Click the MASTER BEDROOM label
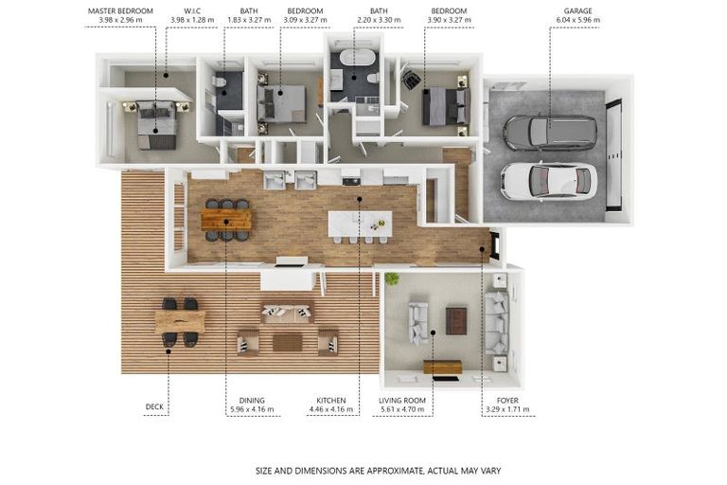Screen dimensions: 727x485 (120, 10)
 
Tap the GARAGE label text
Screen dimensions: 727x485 (577, 10)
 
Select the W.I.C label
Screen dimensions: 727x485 (192, 10)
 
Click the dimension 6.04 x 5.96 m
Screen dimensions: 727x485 (577, 20)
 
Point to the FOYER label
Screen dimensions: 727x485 (507, 400)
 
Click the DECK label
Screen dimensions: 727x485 (154, 406)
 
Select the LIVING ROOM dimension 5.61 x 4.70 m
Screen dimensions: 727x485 (402, 409)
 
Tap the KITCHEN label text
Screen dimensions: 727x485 (331, 400)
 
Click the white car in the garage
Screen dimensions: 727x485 (549, 181)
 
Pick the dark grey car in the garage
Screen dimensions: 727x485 (550, 132)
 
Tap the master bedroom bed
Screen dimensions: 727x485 (157, 124)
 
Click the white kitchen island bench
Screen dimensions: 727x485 (360, 224)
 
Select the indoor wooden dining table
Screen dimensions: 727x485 (226, 220)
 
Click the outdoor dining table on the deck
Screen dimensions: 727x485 (180, 322)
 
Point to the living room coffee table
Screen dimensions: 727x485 (456, 320)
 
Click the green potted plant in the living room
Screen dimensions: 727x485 (392, 278)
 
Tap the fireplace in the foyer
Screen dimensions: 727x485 (495, 246)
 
